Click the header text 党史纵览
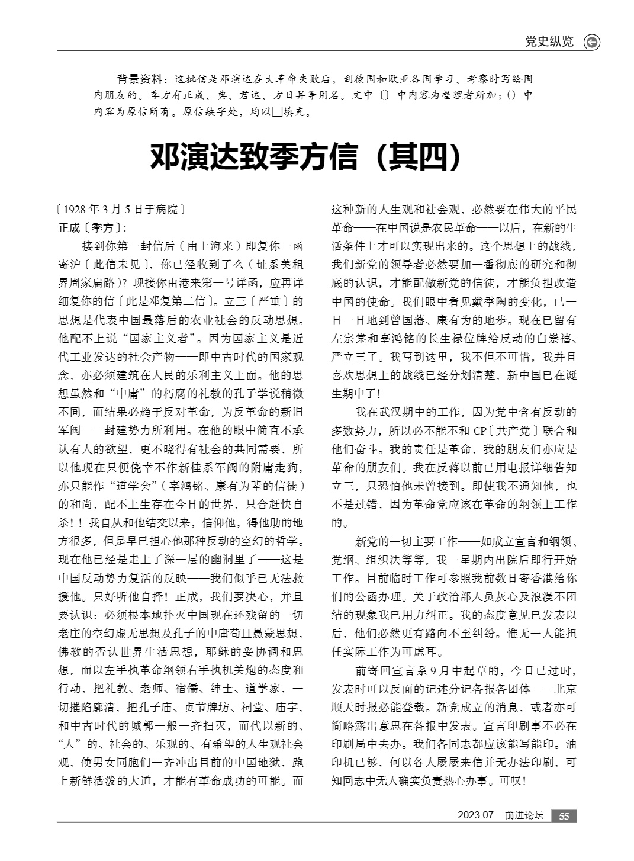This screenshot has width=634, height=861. pyautogui.click(x=549, y=41)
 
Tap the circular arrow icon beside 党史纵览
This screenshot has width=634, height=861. pyautogui.click(x=591, y=42)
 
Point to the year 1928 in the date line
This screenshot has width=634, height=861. pyautogui.click(x=75, y=210)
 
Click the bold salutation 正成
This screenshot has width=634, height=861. pyautogui.click(x=69, y=227)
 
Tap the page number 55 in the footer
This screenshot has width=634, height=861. pyautogui.click(x=564, y=816)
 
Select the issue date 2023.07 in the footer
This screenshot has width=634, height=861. pyautogui.click(x=475, y=815)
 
